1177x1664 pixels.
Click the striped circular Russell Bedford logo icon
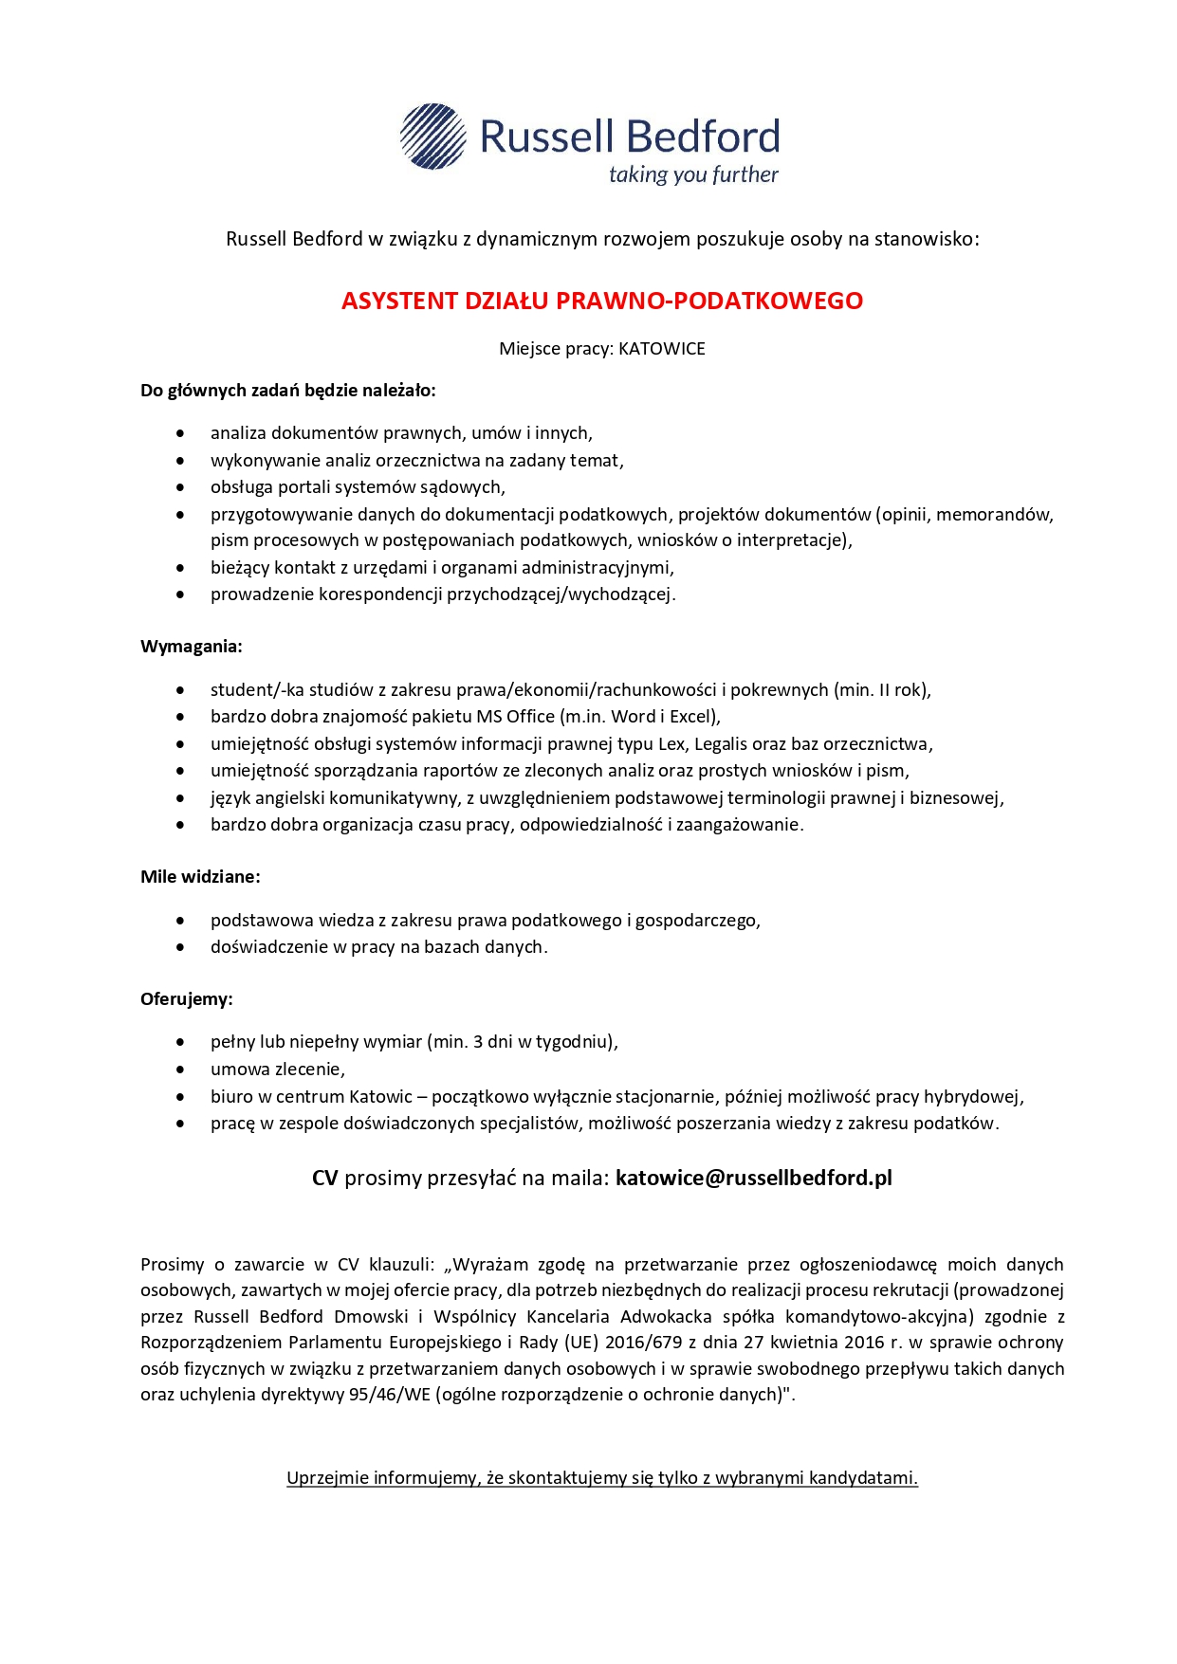tap(433, 137)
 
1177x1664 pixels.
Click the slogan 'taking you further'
tap(693, 174)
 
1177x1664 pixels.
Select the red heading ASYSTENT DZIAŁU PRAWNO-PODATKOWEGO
tap(602, 301)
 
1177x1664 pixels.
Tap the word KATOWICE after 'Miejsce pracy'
tap(662, 349)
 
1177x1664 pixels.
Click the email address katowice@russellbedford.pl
tap(754, 1178)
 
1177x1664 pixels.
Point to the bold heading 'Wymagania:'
tap(192, 647)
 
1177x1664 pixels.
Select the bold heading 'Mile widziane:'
tap(200, 877)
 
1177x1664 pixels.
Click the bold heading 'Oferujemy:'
tap(187, 999)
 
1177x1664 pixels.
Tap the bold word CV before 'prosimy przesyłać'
tap(325, 1178)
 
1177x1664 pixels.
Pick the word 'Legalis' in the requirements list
tap(720, 744)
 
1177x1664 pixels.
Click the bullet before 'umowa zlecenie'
tap(180, 1070)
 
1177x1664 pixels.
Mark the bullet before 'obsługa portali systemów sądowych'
tap(180, 487)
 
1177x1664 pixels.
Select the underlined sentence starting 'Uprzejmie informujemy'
tap(602, 1478)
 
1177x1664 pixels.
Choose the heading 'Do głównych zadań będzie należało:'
tap(288, 391)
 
